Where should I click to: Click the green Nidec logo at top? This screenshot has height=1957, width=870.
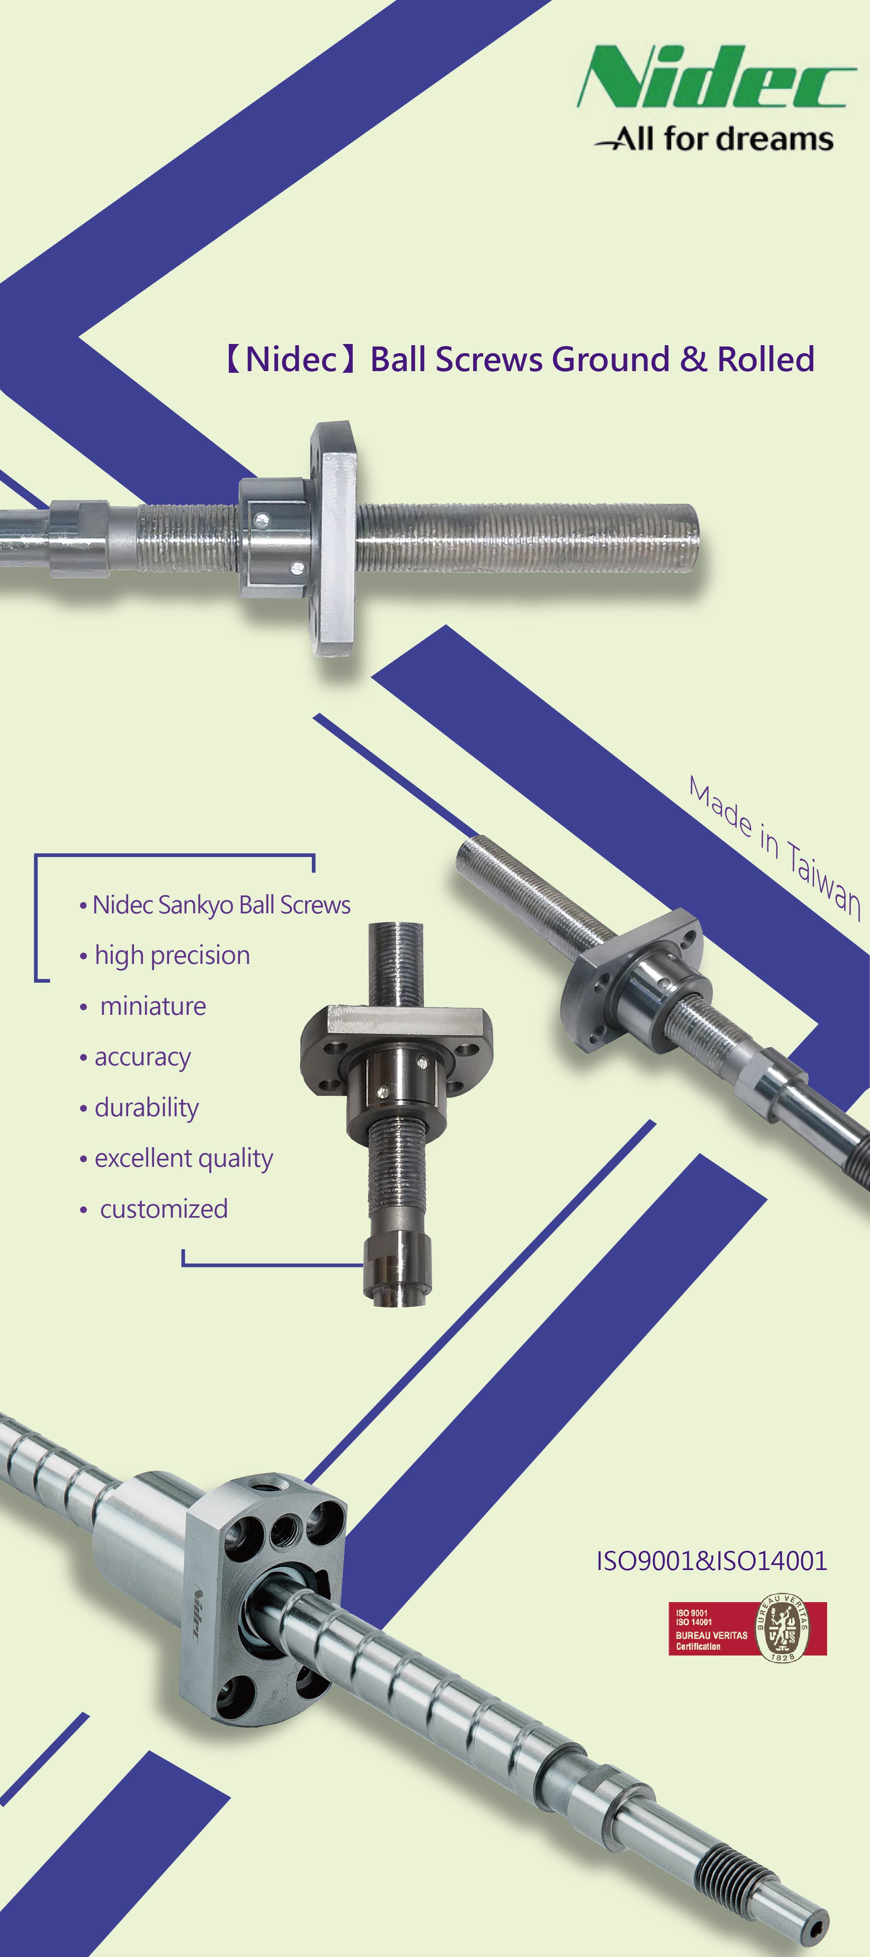coord(716,78)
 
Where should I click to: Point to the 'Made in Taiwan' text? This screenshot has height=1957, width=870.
coord(774,847)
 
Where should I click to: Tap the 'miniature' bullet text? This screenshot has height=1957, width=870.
coord(153,1006)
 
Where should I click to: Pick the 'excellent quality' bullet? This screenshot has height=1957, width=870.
coord(183,1158)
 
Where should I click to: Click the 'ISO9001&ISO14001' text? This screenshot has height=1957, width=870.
coord(711,1561)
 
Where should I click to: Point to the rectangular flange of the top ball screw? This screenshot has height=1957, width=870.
coord(334,539)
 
